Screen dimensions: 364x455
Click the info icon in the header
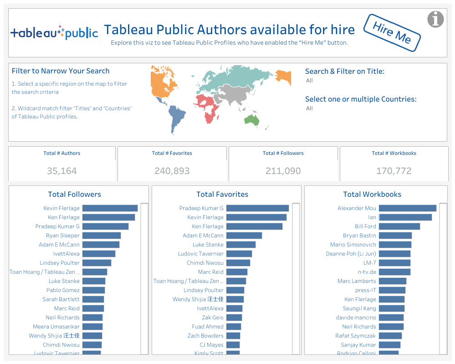pos(436,19)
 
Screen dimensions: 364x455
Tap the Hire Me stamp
pos(392,32)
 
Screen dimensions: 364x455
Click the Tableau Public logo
pos(54,32)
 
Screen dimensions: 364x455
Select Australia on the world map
pos(252,120)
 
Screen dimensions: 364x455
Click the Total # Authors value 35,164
pos(62,171)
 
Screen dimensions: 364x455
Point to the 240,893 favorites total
pos(172,171)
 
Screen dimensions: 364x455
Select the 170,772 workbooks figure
pos(394,171)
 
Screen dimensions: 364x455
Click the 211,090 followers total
pos(283,171)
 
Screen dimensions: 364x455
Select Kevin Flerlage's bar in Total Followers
pos(110,208)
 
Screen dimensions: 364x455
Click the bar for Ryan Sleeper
pos(102,236)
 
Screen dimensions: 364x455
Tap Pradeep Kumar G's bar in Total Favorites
pos(257,208)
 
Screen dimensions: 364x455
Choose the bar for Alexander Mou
pos(408,208)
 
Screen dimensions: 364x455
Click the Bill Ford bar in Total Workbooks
pos(399,226)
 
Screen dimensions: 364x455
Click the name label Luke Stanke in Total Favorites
pos(208,245)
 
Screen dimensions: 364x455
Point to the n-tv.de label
pos(364,272)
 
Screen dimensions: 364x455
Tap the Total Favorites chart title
pos(222,195)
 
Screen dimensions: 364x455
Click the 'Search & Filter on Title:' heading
pos(345,71)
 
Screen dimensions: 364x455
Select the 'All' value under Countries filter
pos(310,108)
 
